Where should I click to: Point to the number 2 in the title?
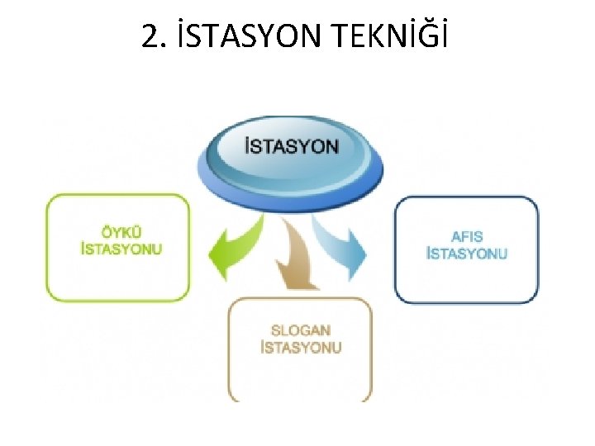tap(149, 36)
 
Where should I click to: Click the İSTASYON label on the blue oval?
tap(292, 147)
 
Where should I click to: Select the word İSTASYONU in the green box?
tap(121, 249)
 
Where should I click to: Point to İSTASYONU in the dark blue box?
tap(466, 253)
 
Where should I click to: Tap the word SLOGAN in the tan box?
tap(300, 330)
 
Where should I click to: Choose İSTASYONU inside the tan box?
tap(300, 348)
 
